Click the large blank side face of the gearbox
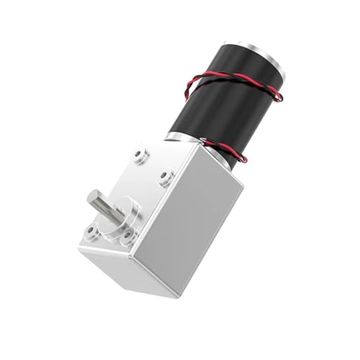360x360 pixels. tap(194, 223)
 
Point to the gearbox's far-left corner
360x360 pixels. tap(78, 245)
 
